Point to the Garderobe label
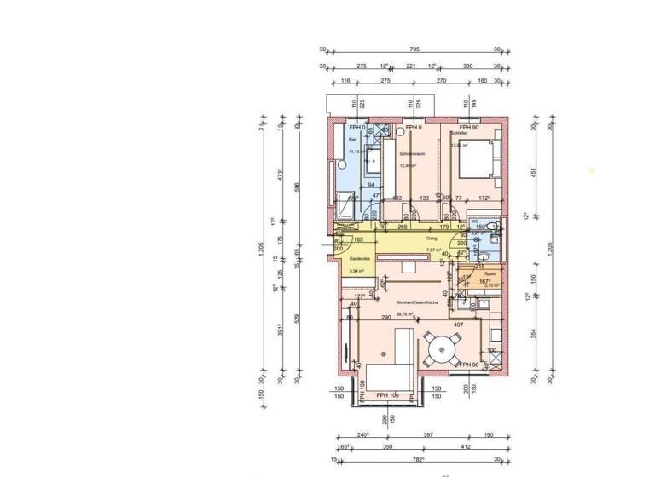[x=359, y=258]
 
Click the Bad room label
[x=353, y=139]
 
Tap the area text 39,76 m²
[x=404, y=313]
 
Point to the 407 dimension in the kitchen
[x=457, y=325]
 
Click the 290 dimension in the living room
[x=386, y=318]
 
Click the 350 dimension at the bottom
[x=385, y=447]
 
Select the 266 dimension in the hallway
[x=403, y=227]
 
